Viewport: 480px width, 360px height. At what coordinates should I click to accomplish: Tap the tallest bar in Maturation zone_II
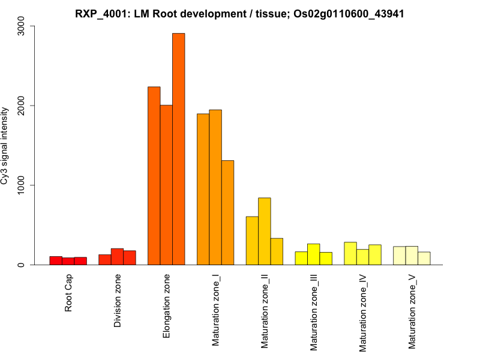click(264, 231)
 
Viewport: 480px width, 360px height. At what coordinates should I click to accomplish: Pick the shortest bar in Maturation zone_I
click(227, 212)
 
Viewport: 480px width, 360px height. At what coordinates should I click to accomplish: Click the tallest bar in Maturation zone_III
click(313, 254)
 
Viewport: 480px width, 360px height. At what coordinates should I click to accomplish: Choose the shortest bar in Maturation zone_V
click(424, 258)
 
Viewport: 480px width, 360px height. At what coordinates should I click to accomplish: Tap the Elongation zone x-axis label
click(167, 305)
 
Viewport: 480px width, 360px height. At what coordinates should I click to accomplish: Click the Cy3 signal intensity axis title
click(6, 146)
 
